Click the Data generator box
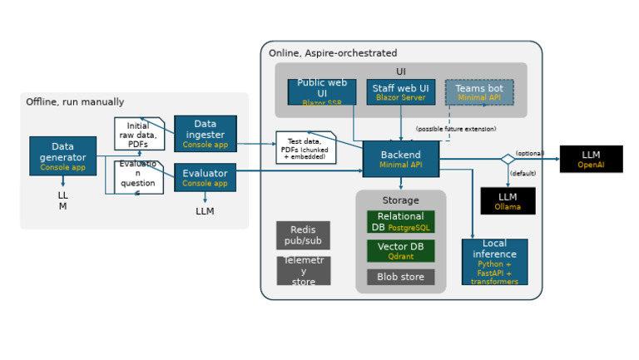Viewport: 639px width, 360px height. pyautogui.click(x=62, y=155)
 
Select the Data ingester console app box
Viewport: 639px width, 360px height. pyautogui.click(x=205, y=133)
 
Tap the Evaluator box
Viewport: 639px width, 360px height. pyautogui.click(x=205, y=177)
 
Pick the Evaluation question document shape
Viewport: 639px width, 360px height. pyautogui.click(x=138, y=177)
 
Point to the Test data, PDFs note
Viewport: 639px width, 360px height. pyautogui.click(x=305, y=147)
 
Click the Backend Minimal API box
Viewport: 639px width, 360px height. pyautogui.click(x=400, y=159)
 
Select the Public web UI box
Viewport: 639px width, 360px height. pyautogui.click(x=321, y=91)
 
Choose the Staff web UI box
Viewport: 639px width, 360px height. pyautogui.click(x=400, y=91)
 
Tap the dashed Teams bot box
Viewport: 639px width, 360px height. pyautogui.click(x=479, y=91)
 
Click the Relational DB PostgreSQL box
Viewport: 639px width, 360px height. pyautogui.click(x=400, y=221)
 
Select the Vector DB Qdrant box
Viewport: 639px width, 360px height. pyautogui.click(x=400, y=251)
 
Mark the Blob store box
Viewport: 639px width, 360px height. pyautogui.click(x=400, y=277)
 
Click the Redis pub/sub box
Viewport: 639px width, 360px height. pyautogui.click(x=303, y=235)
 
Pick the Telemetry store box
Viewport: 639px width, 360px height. pyautogui.click(x=303, y=270)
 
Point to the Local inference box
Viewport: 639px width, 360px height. pyautogui.click(x=494, y=262)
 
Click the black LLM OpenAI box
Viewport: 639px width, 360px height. pyautogui.click(x=591, y=159)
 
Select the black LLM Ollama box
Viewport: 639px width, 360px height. pyautogui.click(x=508, y=200)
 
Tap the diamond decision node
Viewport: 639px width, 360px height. pyautogui.click(x=508, y=159)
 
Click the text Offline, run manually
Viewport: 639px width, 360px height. pyautogui.click(x=75, y=102)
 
